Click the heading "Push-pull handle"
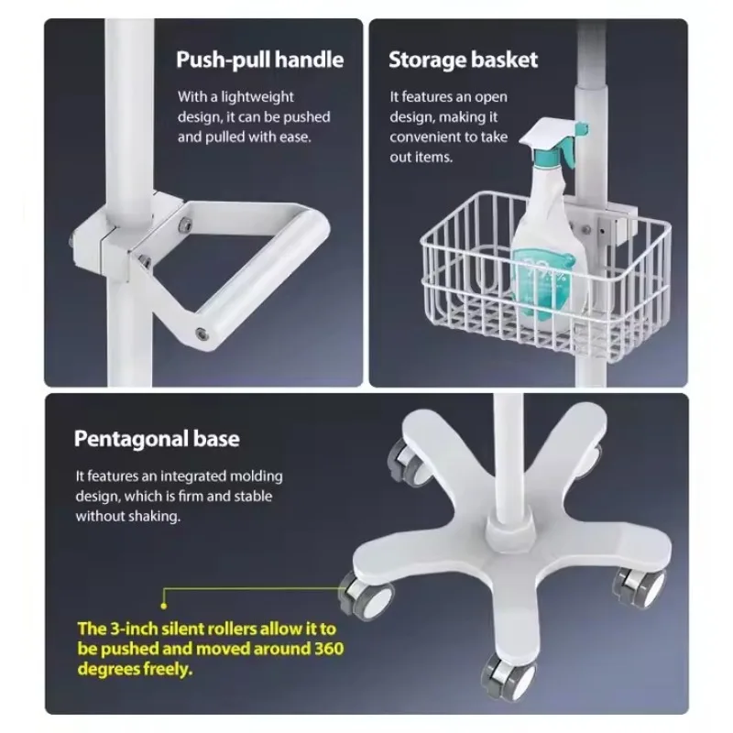click(x=260, y=60)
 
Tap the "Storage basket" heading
click(x=464, y=60)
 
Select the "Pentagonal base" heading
click(x=157, y=439)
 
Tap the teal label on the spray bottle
click(x=543, y=280)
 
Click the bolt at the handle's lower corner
click(x=202, y=334)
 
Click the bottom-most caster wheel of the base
click(x=510, y=677)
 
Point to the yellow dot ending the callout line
click(x=164, y=606)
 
